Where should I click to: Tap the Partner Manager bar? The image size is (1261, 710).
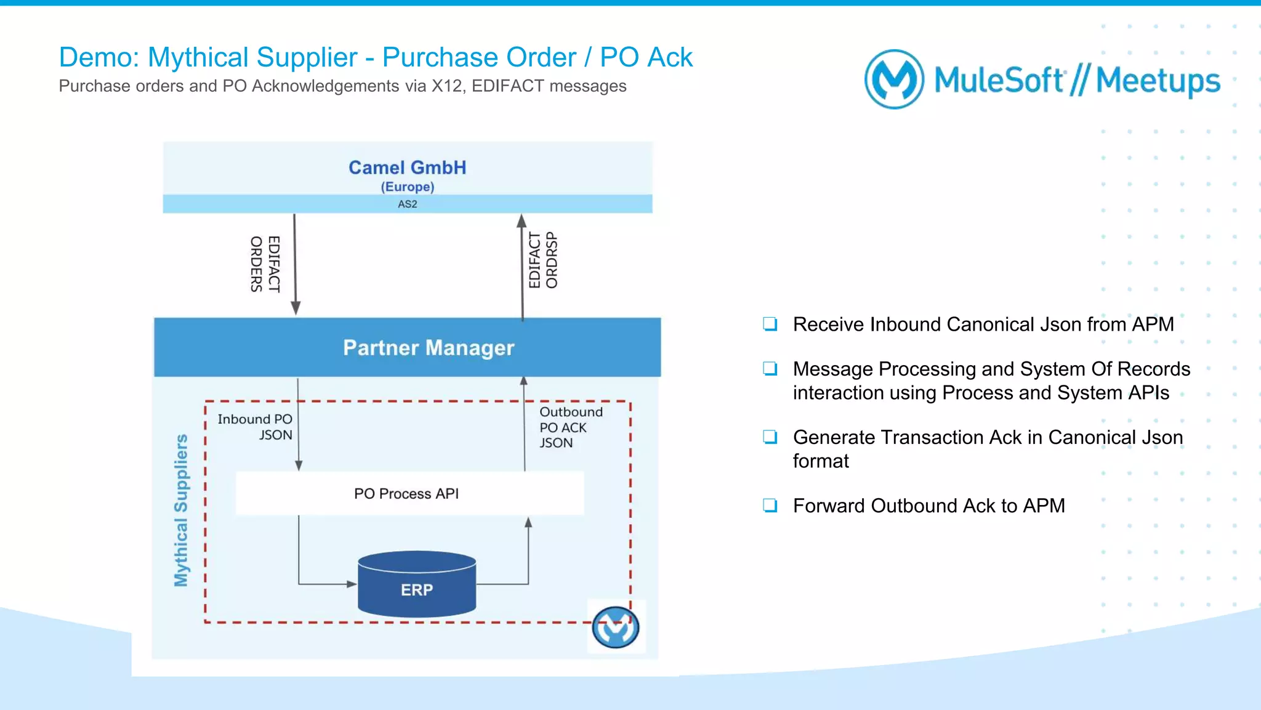(407, 347)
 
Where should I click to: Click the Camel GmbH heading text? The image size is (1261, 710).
(407, 167)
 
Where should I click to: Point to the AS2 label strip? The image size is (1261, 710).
(407, 204)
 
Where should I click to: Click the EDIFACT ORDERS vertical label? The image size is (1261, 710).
(265, 264)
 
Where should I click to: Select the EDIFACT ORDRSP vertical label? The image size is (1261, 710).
(543, 260)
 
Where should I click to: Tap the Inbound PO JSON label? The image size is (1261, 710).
(256, 427)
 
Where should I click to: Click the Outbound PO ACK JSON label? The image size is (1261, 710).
(570, 427)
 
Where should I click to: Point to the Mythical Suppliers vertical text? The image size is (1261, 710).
(181, 510)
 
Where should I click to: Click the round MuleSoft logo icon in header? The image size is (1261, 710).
(894, 79)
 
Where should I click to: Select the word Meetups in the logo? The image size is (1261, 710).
(1158, 81)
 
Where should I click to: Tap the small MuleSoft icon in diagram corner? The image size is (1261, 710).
(615, 627)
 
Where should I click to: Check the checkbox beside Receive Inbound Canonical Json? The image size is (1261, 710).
(770, 324)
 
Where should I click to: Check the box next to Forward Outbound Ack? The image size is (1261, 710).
(770, 506)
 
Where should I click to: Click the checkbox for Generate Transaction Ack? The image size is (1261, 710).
(770, 437)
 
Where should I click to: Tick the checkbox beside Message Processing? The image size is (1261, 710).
(770, 369)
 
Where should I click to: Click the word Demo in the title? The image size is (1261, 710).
(98, 58)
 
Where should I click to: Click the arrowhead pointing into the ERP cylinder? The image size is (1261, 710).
(352, 584)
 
